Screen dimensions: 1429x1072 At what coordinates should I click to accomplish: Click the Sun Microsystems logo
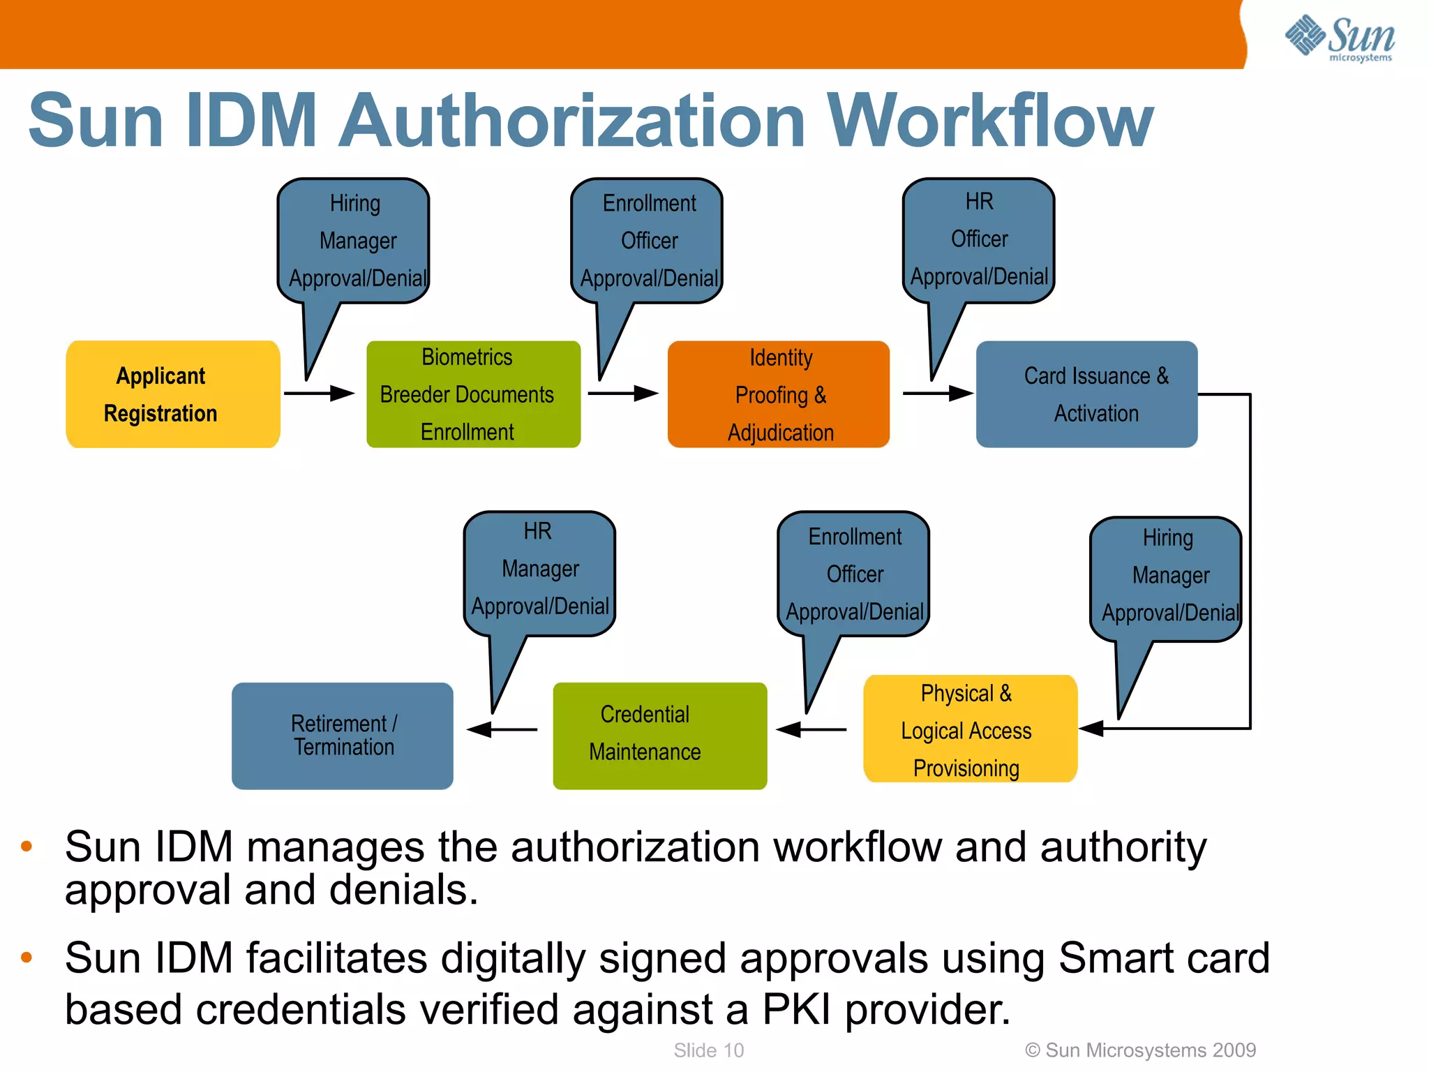pyautogui.click(x=1340, y=38)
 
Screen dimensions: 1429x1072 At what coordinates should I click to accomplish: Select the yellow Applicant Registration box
pyautogui.click(x=172, y=394)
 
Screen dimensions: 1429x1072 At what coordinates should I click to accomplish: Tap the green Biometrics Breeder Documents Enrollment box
pyautogui.click(x=473, y=394)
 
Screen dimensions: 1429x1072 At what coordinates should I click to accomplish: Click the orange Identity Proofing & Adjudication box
pyautogui.click(x=778, y=394)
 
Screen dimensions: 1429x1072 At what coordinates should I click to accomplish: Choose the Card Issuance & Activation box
pyautogui.click(x=1086, y=394)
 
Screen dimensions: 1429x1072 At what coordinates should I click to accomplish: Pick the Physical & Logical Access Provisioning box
pyautogui.click(x=970, y=729)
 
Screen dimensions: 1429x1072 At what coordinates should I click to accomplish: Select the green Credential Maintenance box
pyautogui.click(x=659, y=736)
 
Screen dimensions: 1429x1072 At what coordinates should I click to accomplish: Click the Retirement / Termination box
pyautogui.click(x=342, y=736)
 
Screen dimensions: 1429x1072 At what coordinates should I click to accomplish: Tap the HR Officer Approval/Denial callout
pyautogui.click(x=978, y=241)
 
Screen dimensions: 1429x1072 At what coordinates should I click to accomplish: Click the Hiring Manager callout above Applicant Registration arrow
pyautogui.click(x=354, y=241)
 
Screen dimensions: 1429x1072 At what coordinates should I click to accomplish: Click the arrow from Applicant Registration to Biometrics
pyautogui.click(x=320, y=394)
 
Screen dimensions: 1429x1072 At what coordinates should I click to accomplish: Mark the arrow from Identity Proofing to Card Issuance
pyautogui.click(x=938, y=394)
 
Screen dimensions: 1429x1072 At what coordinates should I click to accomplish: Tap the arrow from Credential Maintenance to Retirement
pyautogui.click(x=502, y=730)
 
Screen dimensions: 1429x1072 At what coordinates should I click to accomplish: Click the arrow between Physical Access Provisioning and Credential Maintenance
pyautogui.click(x=811, y=730)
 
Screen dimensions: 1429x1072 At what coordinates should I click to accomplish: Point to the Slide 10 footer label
pyautogui.click(x=708, y=1050)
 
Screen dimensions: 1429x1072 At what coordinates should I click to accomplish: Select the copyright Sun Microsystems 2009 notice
pyautogui.click(x=1140, y=1050)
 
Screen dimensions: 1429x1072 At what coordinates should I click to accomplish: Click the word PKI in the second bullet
pyautogui.click(x=797, y=1010)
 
